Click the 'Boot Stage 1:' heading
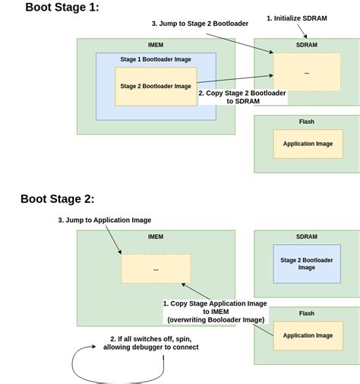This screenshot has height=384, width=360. tap(62, 8)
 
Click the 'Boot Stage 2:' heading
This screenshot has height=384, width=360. tap(58, 199)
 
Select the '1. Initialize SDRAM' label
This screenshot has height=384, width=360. tap(297, 17)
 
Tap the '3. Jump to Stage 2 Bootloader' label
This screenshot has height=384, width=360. tap(200, 24)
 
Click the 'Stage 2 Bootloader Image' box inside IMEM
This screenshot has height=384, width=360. tap(156, 86)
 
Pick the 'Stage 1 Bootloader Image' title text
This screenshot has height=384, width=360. tap(156, 59)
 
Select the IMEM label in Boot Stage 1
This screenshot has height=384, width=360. tap(156, 45)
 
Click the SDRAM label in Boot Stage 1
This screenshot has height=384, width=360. tap(307, 45)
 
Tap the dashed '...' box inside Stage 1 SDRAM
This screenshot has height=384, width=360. tap(307, 72)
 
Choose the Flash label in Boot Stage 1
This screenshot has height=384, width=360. tap(307, 122)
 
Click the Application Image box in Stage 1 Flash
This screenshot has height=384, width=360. tap(308, 144)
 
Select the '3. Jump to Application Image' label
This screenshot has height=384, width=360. tap(105, 220)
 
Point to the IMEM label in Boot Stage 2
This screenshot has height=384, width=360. tap(156, 236)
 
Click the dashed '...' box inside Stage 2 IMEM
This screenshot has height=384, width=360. tap(156, 268)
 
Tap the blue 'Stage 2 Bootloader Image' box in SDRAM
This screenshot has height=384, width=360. tap(307, 264)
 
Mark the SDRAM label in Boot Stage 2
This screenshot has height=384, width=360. tap(307, 236)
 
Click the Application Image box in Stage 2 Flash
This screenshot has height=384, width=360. tap(308, 335)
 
